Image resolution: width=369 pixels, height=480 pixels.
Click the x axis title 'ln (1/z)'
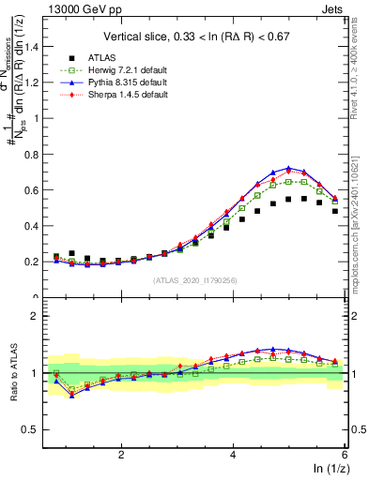[x=325, y=469]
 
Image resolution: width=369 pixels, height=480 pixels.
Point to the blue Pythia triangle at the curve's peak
[x=288, y=169]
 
